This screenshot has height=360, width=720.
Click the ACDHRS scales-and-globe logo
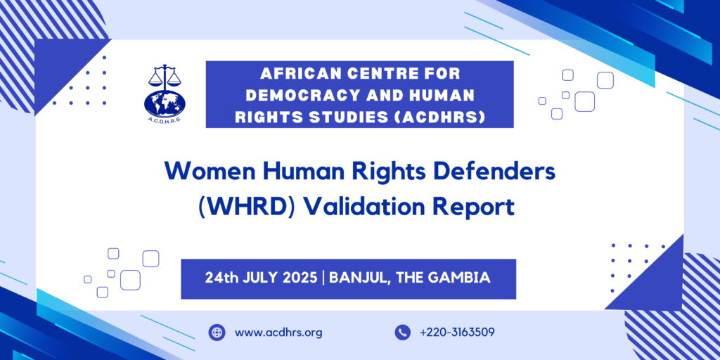(x=165, y=94)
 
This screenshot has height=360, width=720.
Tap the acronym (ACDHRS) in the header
(x=436, y=117)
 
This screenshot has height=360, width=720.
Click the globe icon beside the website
(x=217, y=333)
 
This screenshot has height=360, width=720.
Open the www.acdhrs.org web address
(x=278, y=333)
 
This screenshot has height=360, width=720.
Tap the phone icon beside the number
(x=402, y=333)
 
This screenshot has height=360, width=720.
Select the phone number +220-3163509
(x=457, y=333)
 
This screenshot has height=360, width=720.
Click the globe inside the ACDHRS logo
(x=165, y=103)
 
